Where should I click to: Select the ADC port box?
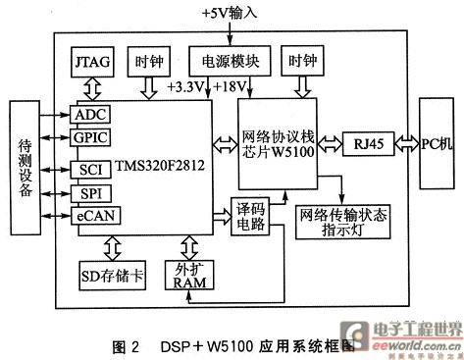(90, 115)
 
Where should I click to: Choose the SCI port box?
(90, 171)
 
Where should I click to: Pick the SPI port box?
(90, 192)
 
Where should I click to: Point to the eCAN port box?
(91, 213)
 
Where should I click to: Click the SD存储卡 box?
(111, 274)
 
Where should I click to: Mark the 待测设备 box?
(26, 164)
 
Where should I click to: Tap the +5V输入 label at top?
(232, 14)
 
